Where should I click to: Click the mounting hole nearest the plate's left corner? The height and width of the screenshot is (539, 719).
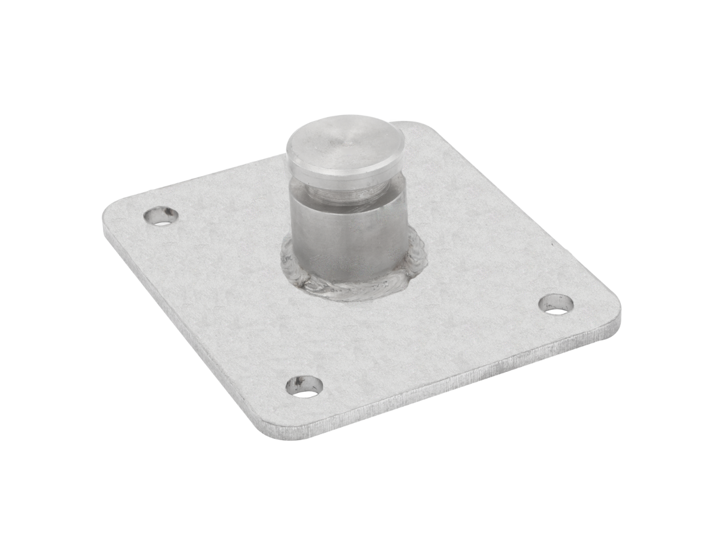(x=161, y=216)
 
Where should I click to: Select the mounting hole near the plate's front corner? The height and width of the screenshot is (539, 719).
(x=305, y=386)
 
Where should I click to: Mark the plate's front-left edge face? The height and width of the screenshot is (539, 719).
(x=180, y=335)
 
